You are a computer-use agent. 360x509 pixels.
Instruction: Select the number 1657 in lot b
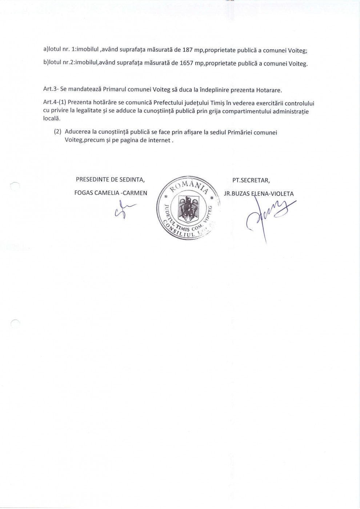(187, 63)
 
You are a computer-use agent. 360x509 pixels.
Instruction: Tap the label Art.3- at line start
(51, 89)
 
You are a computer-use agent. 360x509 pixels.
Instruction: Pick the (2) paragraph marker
(57, 132)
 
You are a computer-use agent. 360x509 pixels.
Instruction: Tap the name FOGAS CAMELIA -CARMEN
(111, 193)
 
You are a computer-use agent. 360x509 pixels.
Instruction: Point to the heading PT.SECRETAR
(251, 180)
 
